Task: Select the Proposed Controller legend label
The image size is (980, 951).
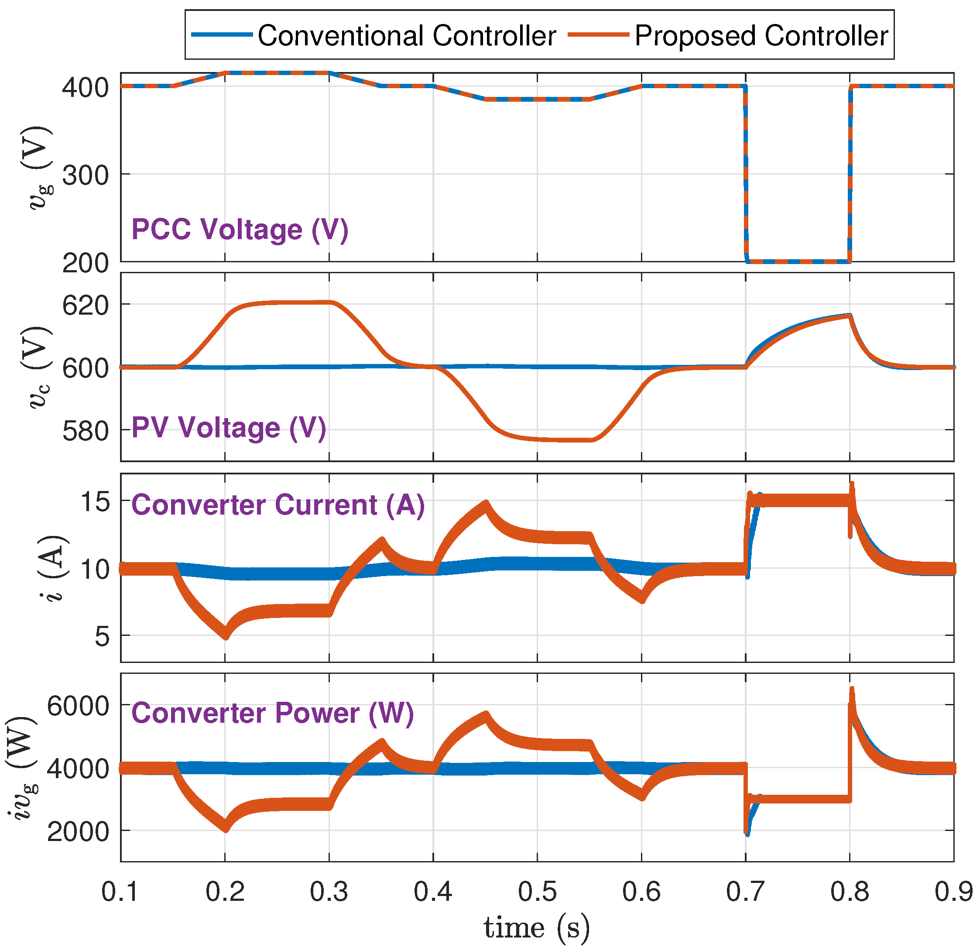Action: point(761,36)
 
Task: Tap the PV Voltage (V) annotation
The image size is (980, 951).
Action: point(229,428)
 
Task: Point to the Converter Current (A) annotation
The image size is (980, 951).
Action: point(278,505)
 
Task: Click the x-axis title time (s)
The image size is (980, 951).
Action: point(537,928)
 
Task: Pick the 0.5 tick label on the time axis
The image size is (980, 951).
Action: point(537,892)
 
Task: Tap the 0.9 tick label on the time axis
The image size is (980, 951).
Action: point(953,892)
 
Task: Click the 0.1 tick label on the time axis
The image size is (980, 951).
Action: point(120,892)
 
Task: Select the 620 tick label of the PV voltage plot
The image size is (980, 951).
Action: point(86,305)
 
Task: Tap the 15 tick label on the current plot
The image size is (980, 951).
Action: point(95,501)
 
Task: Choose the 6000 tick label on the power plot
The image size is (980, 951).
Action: point(78,706)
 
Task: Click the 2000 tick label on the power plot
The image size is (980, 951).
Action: point(78,832)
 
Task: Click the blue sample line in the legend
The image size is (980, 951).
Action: point(222,34)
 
